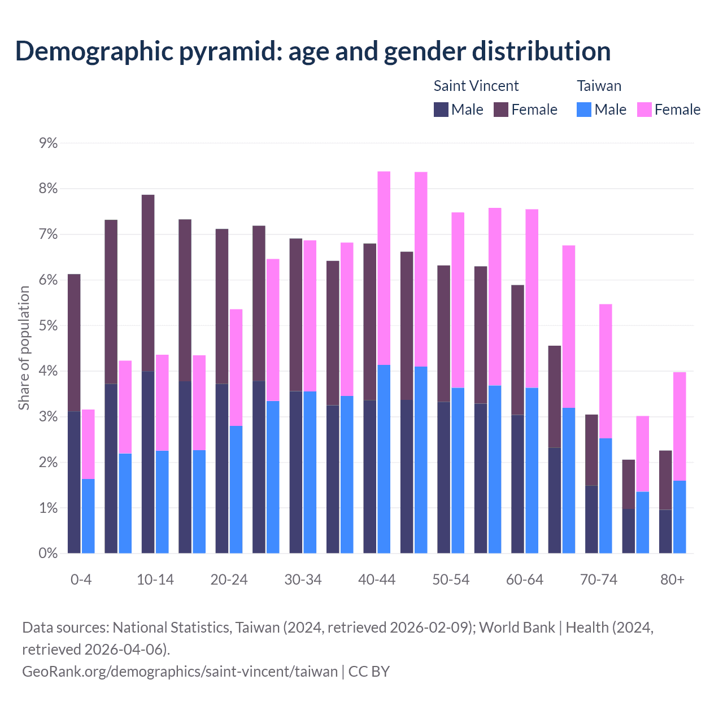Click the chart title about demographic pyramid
(x=313, y=51)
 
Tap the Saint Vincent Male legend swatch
(x=441, y=110)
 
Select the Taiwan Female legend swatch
(x=644, y=110)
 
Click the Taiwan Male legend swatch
(x=584, y=110)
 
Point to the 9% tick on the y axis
(x=49, y=143)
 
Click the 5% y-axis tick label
(x=49, y=326)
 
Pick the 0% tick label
(x=49, y=554)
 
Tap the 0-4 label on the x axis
(x=81, y=580)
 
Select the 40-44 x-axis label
(x=377, y=580)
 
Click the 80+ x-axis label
(x=672, y=580)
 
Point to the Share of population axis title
(x=24, y=347)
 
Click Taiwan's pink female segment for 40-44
(x=384, y=268)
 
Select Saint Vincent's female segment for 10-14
(x=148, y=282)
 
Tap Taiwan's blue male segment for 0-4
(x=88, y=516)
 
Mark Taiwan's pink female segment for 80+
(x=680, y=426)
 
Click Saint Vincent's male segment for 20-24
(x=222, y=469)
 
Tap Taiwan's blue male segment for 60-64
(x=532, y=471)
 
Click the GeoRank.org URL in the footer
(x=180, y=672)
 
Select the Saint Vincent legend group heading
(x=476, y=86)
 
